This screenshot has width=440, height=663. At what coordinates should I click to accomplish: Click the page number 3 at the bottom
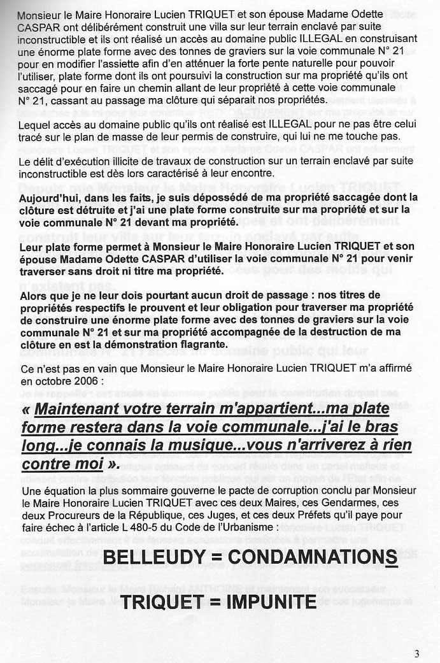click(416, 653)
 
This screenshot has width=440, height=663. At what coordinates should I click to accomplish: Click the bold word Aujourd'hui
click(48, 198)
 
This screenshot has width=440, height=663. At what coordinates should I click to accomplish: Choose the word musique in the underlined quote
click(199, 445)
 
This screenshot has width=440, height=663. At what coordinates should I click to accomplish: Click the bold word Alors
click(33, 296)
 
